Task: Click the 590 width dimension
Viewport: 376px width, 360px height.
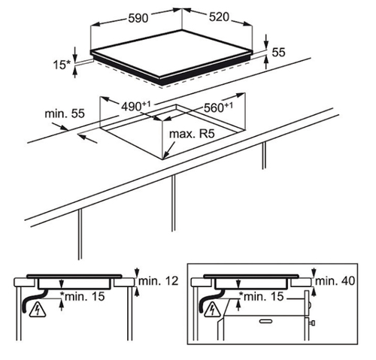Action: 138,19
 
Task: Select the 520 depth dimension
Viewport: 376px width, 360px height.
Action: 219,17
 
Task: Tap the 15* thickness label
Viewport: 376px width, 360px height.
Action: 62,65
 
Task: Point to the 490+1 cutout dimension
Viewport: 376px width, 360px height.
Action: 135,106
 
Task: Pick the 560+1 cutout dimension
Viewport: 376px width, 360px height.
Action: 218,107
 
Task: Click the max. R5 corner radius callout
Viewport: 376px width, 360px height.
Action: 192,134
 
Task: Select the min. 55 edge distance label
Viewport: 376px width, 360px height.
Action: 65,113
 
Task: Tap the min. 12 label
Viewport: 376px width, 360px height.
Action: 158,281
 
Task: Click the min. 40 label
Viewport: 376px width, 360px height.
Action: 335,281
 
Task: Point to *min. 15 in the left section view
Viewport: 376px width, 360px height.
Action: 83,296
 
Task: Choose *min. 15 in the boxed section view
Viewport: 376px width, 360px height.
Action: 262,296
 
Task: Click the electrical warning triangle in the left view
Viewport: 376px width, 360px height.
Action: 38,310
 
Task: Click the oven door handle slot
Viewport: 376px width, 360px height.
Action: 267,321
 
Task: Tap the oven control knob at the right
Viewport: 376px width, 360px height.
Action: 312,322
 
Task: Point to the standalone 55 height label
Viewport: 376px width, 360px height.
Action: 279,53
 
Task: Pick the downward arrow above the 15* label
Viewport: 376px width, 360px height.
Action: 74,53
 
